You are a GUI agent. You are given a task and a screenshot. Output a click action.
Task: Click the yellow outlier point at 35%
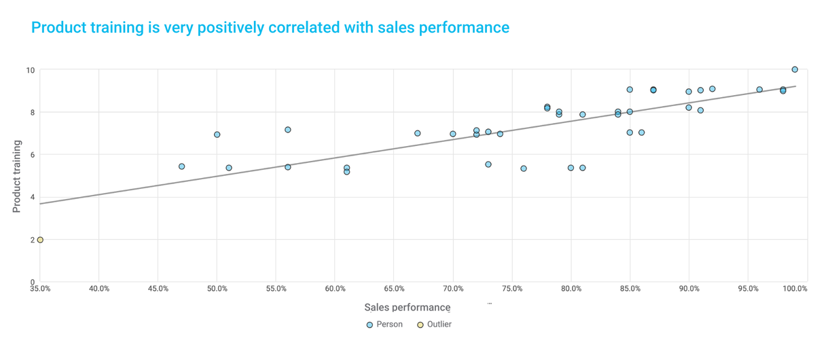(x=40, y=240)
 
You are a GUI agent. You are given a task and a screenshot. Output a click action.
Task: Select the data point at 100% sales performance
(x=795, y=69)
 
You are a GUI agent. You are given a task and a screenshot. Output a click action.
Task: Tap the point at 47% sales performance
(x=181, y=166)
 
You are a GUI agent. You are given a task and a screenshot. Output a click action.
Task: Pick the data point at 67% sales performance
(x=418, y=133)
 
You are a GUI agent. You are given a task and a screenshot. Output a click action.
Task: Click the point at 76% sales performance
(x=524, y=168)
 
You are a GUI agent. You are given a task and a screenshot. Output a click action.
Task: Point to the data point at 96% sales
(x=759, y=90)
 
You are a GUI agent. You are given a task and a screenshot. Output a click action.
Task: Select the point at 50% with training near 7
(x=217, y=134)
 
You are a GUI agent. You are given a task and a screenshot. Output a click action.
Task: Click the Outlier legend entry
(x=434, y=325)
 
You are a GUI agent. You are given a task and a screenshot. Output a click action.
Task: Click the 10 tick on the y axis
(x=30, y=70)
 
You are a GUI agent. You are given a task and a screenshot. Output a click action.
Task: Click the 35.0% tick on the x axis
(x=40, y=289)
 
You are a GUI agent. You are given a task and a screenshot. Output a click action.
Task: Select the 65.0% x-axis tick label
(x=394, y=289)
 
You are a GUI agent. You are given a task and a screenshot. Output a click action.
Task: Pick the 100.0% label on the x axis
(x=794, y=289)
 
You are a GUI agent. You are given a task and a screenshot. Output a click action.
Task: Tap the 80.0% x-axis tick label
(x=571, y=289)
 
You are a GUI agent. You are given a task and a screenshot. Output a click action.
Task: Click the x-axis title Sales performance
(x=407, y=308)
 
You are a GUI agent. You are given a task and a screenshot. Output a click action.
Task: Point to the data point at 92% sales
(x=712, y=89)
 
